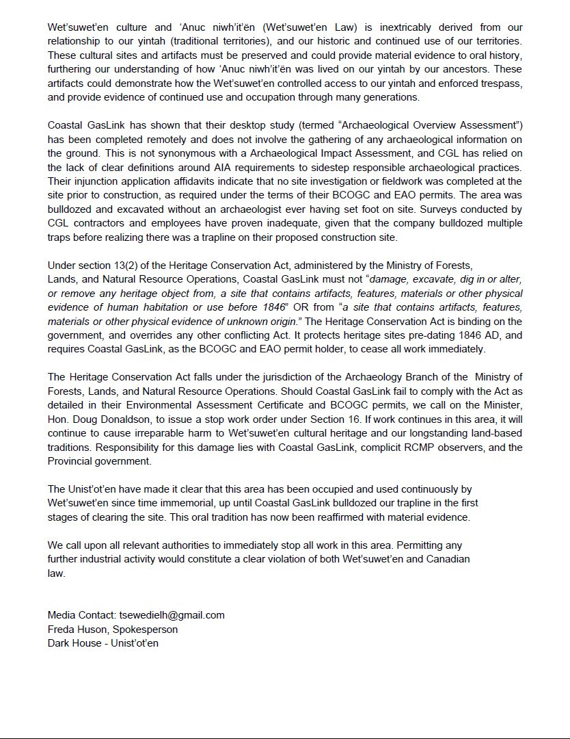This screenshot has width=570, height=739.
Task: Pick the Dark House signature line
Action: [103, 643]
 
